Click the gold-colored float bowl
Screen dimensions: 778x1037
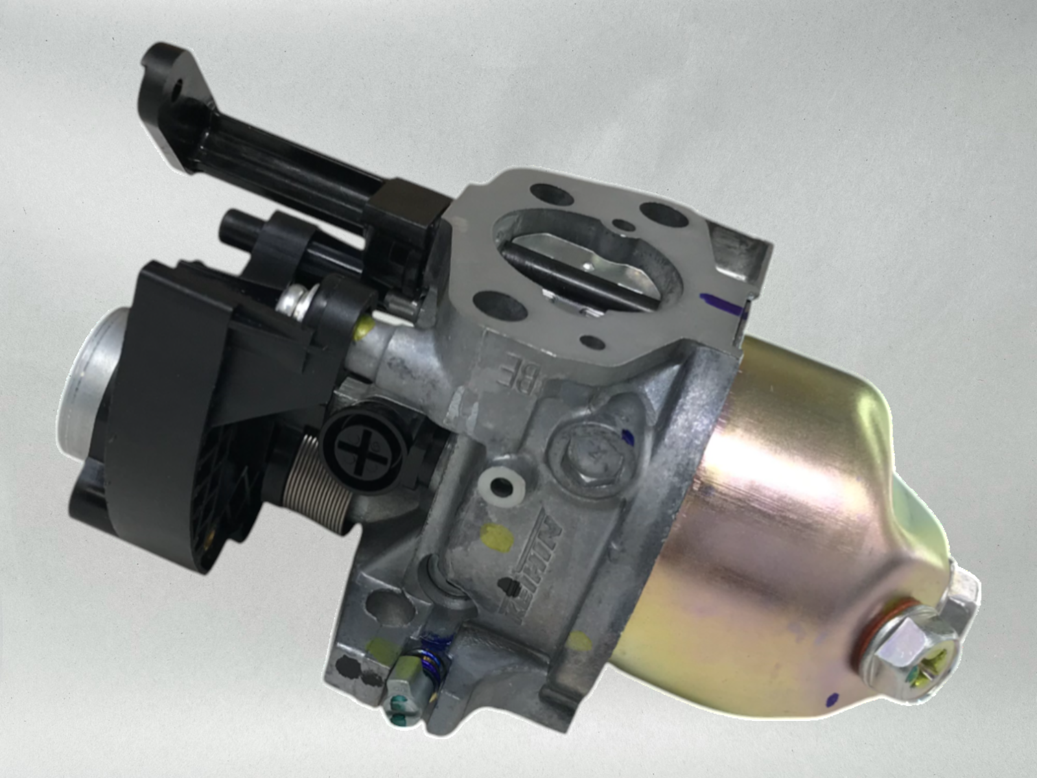[x=778, y=519]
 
